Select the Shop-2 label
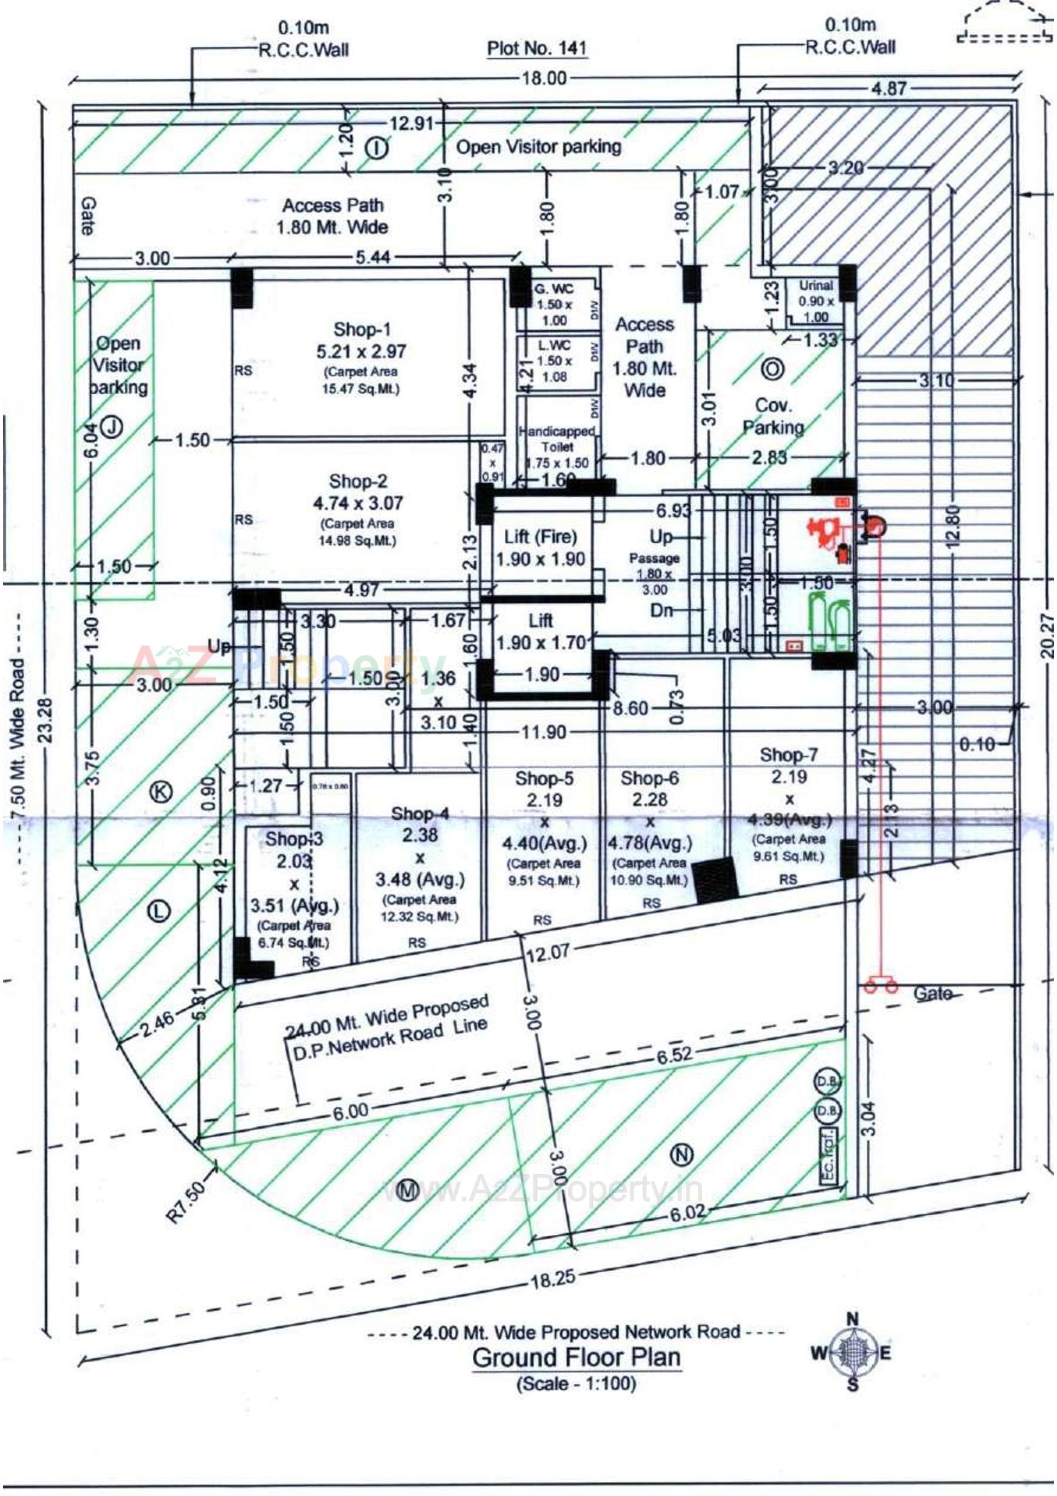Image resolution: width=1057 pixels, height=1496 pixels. point(358,481)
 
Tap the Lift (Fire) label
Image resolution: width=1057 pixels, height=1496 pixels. point(540,537)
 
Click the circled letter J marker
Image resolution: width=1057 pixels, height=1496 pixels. point(113,427)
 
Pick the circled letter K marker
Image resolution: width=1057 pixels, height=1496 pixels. point(161,792)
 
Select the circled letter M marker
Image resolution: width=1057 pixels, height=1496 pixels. point(408,1190)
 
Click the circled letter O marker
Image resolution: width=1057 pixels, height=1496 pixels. point(772,369)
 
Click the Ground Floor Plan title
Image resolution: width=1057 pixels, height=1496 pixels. point(576,1357)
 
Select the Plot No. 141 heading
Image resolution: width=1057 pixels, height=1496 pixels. point(537,48)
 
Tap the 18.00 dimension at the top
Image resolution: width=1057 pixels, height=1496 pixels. point(544,78)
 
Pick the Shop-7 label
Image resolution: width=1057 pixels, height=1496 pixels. point(788,754)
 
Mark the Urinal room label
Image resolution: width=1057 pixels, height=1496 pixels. point(815,285)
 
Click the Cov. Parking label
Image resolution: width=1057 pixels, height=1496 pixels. point(773,416)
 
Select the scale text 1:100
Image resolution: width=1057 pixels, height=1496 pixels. point(576,1383)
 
